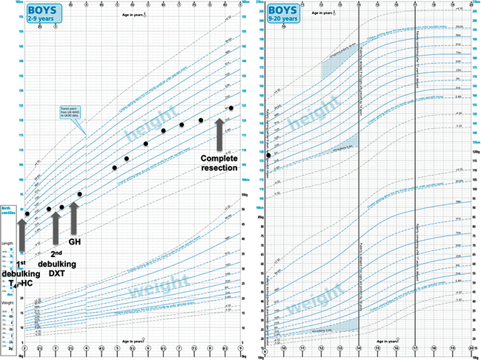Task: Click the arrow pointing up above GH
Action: coord(74,216)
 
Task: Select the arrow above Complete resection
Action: coord(220,133)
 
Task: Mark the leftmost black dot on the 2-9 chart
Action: coord(27,214)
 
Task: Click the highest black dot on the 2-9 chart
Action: coord(231,108)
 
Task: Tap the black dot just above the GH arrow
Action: coord(79,194)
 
